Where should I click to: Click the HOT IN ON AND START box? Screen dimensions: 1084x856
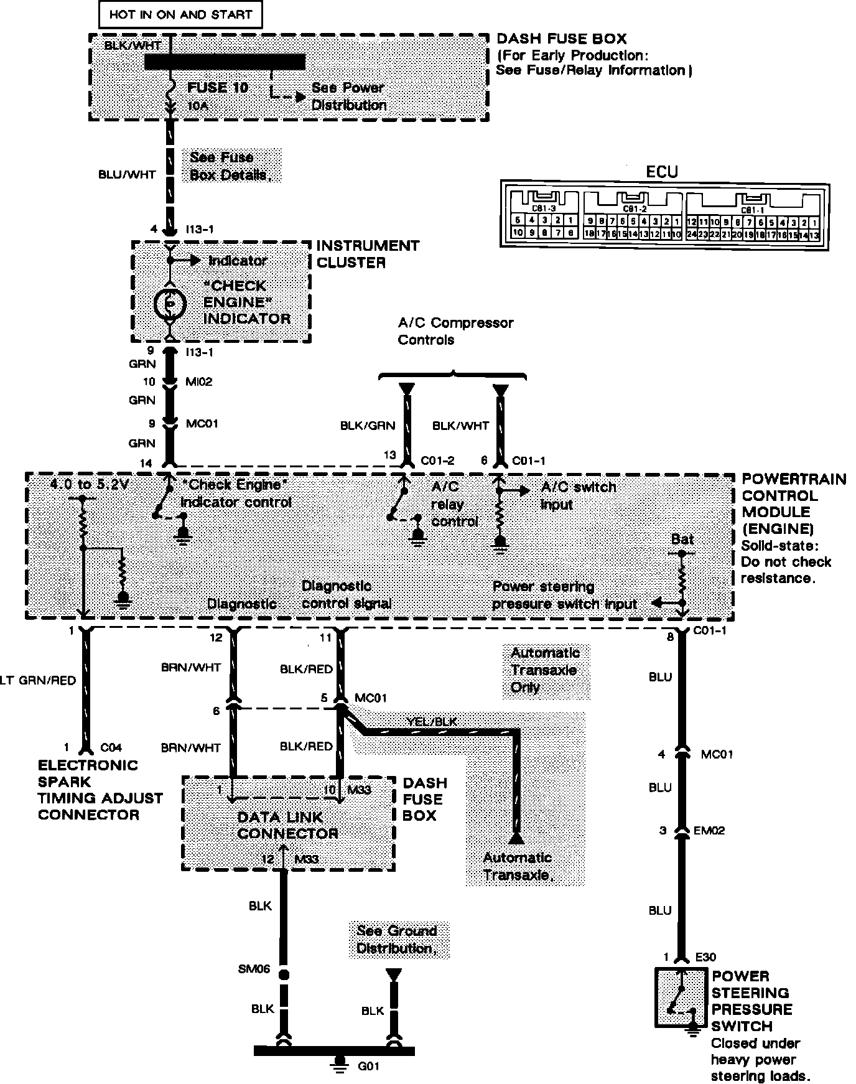click(x=180, y=15)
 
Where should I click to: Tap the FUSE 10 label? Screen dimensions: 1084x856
click(x=218, y=88)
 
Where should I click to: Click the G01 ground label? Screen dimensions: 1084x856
click(x=368, y=1065)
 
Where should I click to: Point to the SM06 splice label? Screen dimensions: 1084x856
click(x=254, y=970)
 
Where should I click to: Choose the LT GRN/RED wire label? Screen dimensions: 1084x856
click(x=37, y=681)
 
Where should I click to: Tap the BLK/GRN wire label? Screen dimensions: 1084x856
click(x=368, y=426)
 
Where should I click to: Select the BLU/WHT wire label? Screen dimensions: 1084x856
click(x=127, y=175)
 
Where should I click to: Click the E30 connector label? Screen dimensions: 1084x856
click(x=705, y=958)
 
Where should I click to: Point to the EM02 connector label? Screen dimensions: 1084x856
click(x=709, y=831)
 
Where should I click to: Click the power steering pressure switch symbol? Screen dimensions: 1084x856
click(x=680, y=998)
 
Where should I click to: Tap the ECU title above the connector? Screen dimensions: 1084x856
click(x=662, y=172)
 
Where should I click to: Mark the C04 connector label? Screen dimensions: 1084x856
click(x=111, y=747)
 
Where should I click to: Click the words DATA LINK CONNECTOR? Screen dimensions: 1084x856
click(x=287, y=825)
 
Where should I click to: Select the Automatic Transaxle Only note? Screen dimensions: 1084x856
click(x=546, y=670)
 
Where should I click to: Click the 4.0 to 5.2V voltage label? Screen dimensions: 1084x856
click(x=89, y=484)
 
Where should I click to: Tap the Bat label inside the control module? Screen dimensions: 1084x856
click(x=682, y=540)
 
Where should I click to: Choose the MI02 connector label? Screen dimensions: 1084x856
click(x=199, y=382)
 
